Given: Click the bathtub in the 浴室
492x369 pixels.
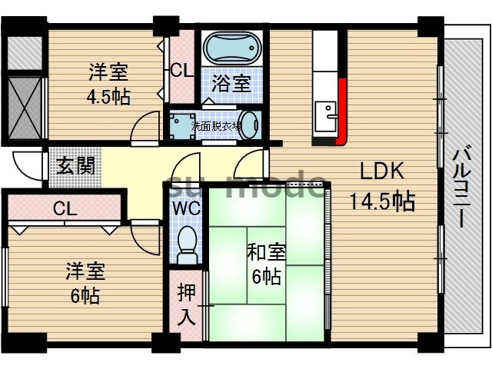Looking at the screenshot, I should click(x=234, y=51).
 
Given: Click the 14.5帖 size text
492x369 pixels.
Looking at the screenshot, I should click(x=382, y=201).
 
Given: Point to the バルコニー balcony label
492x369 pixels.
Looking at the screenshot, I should click(x=461, y=184).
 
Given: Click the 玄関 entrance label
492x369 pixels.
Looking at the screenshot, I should click(x=75, y=166).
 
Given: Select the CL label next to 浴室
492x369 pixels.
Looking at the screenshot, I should click(x=181, y=71).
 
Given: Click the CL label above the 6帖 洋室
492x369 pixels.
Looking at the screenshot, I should click(x=65, y=208).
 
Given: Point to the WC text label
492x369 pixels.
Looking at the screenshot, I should click(x=184, y=208).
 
